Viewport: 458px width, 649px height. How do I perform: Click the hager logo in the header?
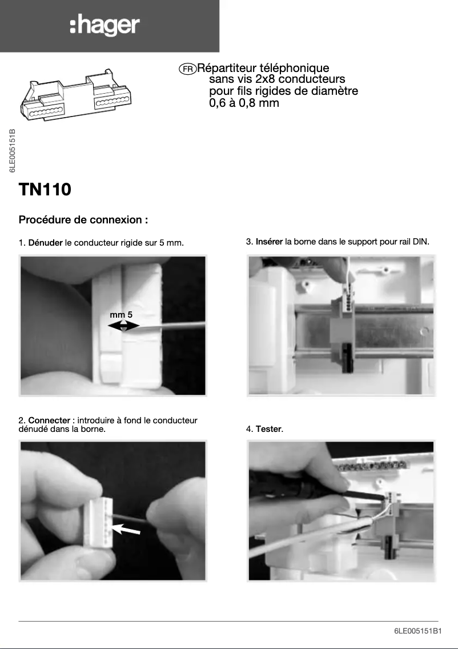pos(105,26)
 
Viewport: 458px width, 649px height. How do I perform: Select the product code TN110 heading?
pos(45,189)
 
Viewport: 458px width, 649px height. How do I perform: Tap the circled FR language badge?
pos(187,69)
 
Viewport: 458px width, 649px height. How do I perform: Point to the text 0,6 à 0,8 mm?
pos(244,103)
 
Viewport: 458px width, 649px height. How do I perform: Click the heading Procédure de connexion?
pos(83,220)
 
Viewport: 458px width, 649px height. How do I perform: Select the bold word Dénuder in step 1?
pos(45,243)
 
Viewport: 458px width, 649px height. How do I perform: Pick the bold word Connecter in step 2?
pos(49,420)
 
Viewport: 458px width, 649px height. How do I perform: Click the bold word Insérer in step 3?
pos(269,242)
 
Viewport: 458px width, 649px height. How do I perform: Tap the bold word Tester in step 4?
pos(268,428)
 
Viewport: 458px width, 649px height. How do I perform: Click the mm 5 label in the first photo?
pos(121,315)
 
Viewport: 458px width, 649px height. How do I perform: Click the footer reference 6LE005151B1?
pos(417,631)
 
